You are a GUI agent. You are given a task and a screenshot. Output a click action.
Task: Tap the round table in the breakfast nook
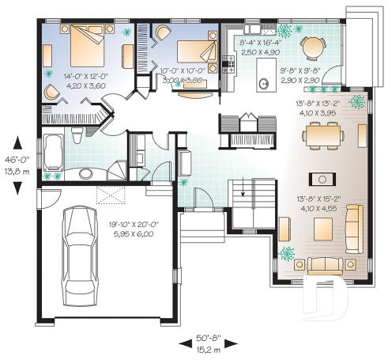pyautogui.click(x=314, y=46)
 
